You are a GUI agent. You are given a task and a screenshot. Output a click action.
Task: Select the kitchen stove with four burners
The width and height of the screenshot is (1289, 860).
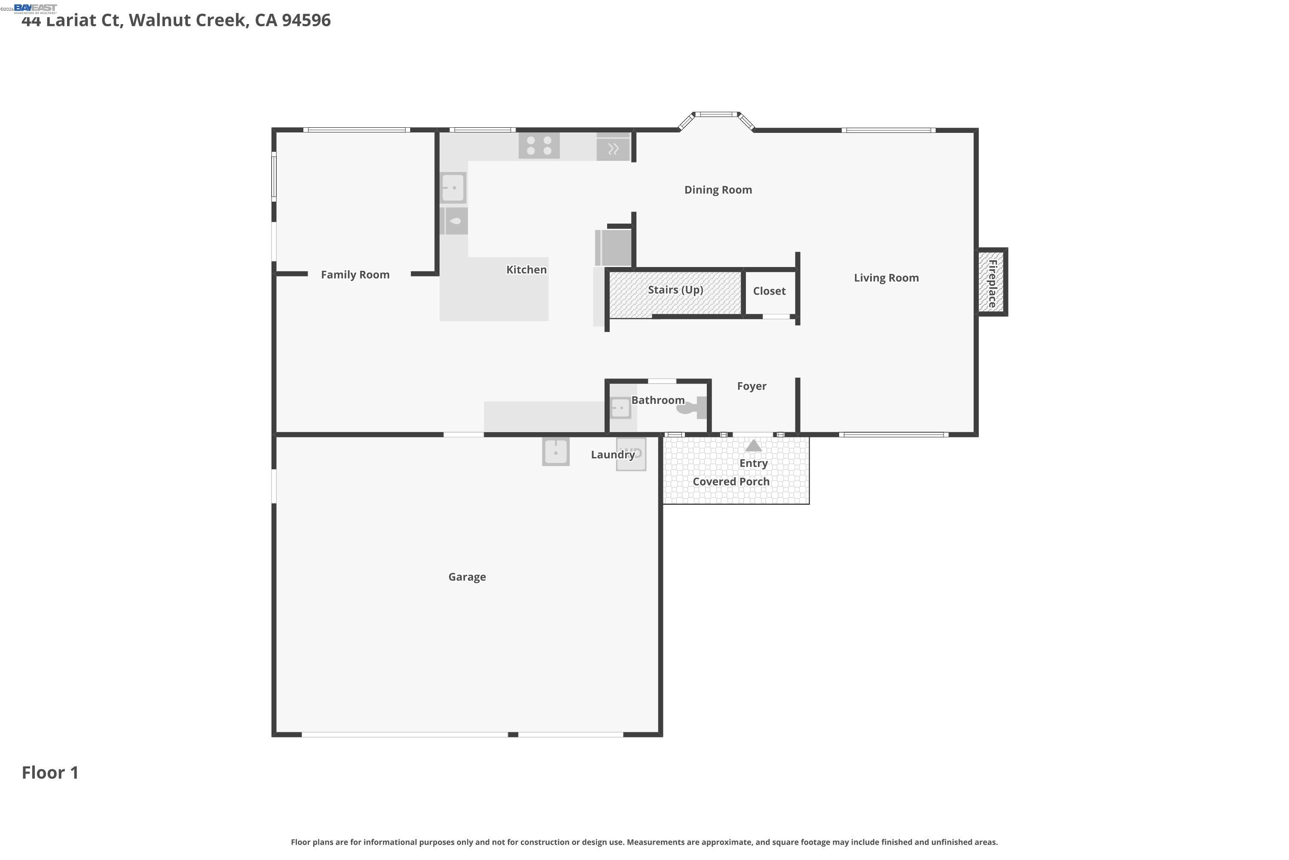pos(539,145)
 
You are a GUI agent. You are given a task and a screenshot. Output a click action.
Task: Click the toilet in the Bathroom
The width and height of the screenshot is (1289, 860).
pos(693,408)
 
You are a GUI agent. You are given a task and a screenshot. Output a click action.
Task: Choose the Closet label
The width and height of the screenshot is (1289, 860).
pos(769,291)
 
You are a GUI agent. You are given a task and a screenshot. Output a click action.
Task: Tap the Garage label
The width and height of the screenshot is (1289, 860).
pos(467,577)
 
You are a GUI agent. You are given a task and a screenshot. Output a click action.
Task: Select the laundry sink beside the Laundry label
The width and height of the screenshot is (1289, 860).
pos(556,452)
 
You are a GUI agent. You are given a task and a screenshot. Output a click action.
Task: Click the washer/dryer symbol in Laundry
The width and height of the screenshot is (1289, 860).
pos(631,454)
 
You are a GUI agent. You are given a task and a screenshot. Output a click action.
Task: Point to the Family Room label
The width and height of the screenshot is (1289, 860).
pos(355,275)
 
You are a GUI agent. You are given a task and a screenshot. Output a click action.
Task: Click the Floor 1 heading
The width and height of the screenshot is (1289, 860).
pos(50,772)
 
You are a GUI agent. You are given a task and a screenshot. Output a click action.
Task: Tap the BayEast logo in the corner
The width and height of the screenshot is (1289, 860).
pos(35,8)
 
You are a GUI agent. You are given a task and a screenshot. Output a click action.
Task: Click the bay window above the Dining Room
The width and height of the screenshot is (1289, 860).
pos(716,115)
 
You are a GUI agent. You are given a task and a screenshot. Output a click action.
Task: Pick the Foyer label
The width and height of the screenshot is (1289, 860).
pos(751,386)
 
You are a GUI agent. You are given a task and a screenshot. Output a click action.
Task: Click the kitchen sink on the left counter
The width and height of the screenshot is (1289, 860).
pos(453,187)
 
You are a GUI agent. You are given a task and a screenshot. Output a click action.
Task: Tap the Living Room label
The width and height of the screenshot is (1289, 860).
pos(886,278)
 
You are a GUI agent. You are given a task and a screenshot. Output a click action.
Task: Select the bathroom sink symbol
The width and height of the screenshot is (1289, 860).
pos(620,408)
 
